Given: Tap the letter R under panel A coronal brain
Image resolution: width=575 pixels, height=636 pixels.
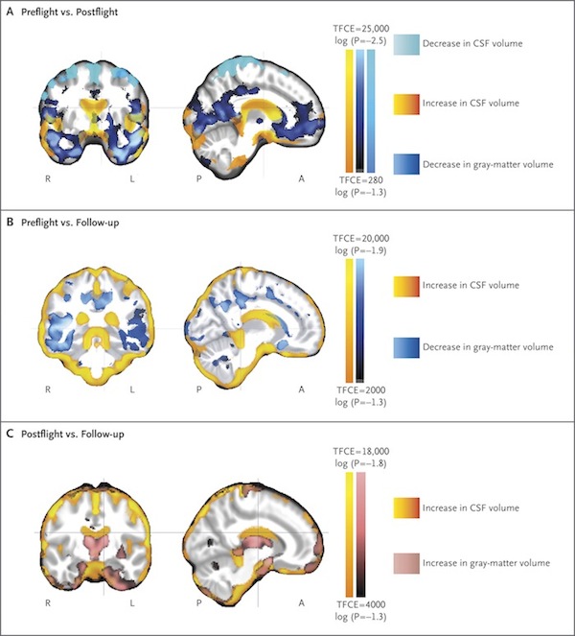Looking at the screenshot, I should pos(46,178).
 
